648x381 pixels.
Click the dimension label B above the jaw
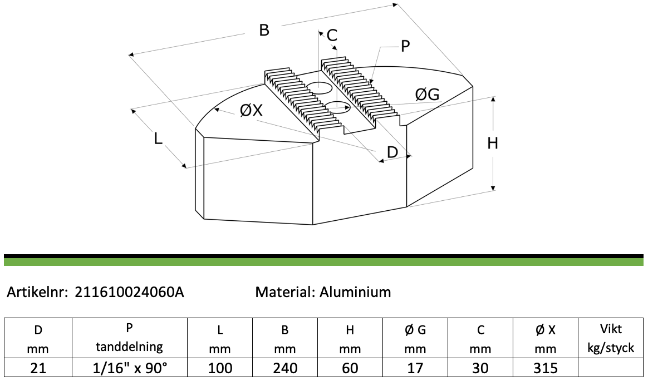(264, 30)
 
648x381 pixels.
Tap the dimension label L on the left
(158, 138)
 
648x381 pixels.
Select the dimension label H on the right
(492, 144)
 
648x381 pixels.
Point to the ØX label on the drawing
(251, 110)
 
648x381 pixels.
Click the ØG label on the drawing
(428, 95)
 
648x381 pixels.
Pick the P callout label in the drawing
(405, 47)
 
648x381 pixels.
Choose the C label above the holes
(332, 36)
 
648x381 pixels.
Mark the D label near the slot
(392, 152)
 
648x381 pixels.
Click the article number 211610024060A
(129, 292)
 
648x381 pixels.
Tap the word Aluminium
(355, 292)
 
